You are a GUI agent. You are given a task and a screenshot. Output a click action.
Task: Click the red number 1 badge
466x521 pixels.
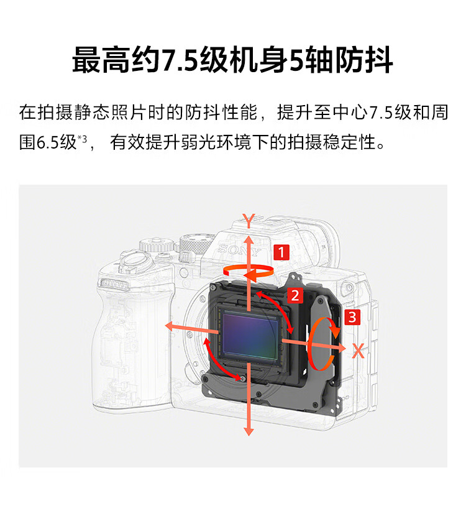[x=281, y=252]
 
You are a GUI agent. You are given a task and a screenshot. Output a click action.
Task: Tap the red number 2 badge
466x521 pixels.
[x=295, y=295]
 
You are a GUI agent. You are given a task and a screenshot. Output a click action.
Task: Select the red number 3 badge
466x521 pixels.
[x=352, y=317]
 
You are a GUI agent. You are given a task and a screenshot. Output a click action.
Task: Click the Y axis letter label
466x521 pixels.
[x=249, y=220]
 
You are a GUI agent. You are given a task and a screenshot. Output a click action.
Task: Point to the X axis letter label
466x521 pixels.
[x=358, y=351]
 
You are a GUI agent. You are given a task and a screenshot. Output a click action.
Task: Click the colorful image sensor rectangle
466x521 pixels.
[x=250, y=335]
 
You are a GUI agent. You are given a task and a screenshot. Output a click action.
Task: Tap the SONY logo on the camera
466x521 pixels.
[x=239, y=249]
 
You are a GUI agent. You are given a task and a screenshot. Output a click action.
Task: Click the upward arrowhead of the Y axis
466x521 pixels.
[x=249, y=239]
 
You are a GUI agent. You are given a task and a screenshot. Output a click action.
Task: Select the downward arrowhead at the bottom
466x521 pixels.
[x=249, y=431]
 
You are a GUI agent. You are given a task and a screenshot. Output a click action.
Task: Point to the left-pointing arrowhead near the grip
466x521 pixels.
[x=170, y=326]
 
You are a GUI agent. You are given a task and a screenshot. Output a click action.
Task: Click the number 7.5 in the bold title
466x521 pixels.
[x=180, y=60]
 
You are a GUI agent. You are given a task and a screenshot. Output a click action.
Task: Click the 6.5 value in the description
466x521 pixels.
[x=47, y=142]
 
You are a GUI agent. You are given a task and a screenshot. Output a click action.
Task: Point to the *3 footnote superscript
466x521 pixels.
[x=82, y=138]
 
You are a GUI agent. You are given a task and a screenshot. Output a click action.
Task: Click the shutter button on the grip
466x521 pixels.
[x=134, y=260]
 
